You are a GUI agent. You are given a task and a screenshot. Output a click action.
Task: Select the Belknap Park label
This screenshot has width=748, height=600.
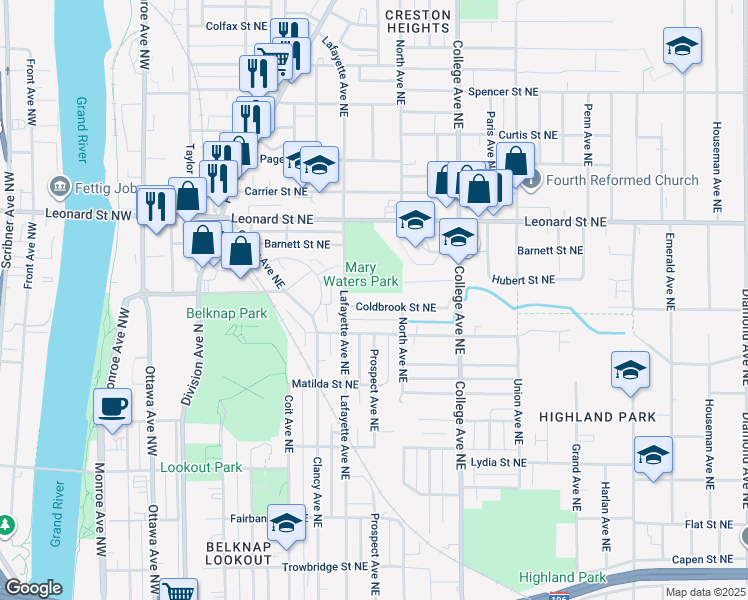pyautogui.click(x=226, y=313)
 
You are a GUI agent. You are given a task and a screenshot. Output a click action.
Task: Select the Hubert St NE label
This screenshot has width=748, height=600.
pyautogui.click(x=523, y=280)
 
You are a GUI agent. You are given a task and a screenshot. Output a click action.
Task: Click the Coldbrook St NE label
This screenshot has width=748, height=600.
pyautogui.click(x=395, y=307)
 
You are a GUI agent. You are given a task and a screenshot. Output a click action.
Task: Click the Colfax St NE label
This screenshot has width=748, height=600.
pyautogui.click(x=236, y=26)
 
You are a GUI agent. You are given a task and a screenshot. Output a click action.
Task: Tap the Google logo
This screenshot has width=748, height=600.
pyautogui.click(x=32, y=589)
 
